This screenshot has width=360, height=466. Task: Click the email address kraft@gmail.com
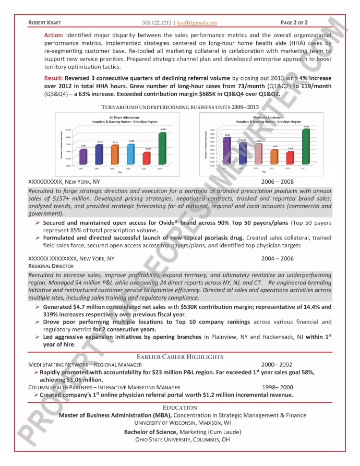(197, 23)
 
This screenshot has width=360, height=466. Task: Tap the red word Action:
(54, 35)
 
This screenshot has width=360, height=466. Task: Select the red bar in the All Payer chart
(148, 157)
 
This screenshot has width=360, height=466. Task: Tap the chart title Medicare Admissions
(268, 117)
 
